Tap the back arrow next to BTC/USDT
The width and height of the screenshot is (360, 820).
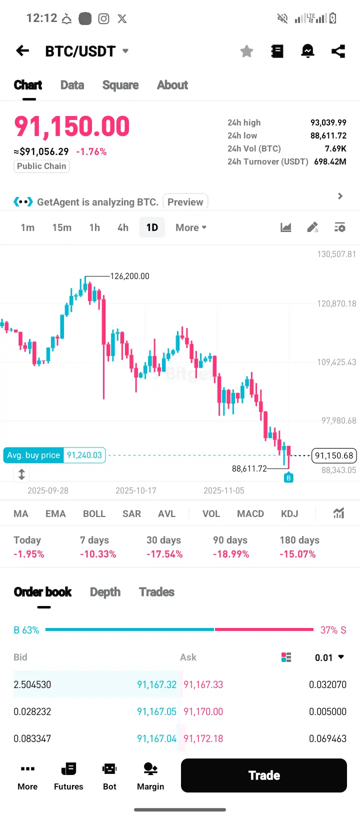coord(22,51)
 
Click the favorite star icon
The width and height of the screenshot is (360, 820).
coord(246,51)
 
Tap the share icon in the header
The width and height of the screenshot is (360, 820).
coord(338,51)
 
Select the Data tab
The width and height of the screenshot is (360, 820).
coord(72,85)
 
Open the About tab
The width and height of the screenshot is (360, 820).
coord(172,85)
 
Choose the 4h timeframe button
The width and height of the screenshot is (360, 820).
coord(123,227)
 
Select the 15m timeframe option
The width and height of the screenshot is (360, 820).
coord(61,227)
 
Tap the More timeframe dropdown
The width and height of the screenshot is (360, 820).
coord(191,227)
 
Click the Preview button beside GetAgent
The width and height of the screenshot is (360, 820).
coord(185,202)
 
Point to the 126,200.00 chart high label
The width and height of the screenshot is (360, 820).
coord(129,276)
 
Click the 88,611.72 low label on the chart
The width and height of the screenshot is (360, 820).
coord(249,468)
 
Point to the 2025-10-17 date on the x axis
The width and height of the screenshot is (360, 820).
coord(136,490)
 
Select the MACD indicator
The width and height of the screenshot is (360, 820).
coord(250,513)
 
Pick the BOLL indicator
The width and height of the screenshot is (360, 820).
coord(94,513)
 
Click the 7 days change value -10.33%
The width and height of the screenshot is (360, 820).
coord(98,554)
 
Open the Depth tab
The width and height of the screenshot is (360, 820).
coord(105,592)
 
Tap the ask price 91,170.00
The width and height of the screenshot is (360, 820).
coord(203,711)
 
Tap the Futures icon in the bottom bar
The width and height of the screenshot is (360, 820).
coord(68,775)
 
